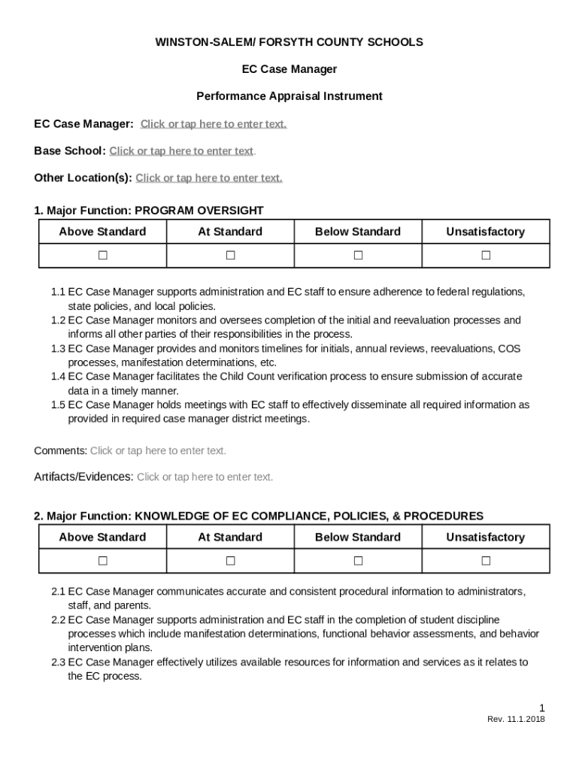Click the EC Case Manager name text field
tap(214, 124)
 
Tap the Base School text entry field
tap(181, 151)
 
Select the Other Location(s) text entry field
tap(209, 178)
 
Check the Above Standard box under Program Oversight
tap(102, 256)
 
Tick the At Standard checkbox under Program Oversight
tap(230, 256)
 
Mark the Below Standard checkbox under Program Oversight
tap(358, 256)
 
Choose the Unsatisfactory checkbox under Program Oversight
tap(486, 256)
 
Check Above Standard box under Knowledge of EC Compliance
tap(102, 561)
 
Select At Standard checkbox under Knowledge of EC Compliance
tap(230, 561)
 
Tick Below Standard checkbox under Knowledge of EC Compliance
tap(358, 561)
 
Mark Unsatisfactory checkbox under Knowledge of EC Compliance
tap(486, 561)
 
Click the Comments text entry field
tap(158, 451)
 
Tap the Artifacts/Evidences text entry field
tap(205, 477)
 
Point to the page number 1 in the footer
tap(541, 708)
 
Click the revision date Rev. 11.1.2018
tap(516, 720)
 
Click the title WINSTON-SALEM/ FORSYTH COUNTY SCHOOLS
tap(289, 42)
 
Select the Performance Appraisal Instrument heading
tap(289, 96)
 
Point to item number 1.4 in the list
tap(59, 377)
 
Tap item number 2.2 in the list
tap(59, 620)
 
